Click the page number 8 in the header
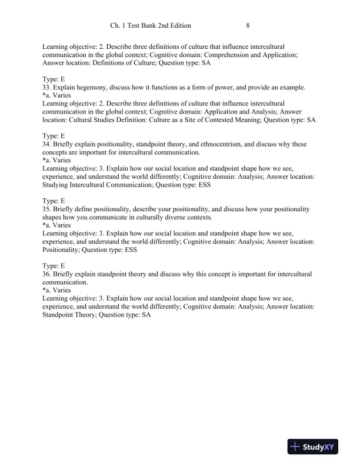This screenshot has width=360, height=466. [248, 26]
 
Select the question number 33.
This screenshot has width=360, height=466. [47, 88]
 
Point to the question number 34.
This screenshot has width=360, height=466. [47, 144]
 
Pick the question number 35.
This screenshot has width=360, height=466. [47, 209]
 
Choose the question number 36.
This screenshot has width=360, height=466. [47, 274]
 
